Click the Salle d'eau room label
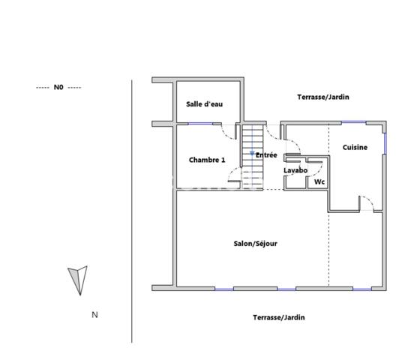204,104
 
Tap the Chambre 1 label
207,160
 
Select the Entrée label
267,155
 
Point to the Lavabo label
295,171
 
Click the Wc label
319,181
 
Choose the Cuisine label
355,148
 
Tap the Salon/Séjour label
256,244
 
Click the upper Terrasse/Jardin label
323,97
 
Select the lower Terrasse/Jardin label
279,317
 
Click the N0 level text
58,88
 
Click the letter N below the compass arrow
94,315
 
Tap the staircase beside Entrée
253,150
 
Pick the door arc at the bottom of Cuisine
367,202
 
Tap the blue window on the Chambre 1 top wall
199,124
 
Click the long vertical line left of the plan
133,210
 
